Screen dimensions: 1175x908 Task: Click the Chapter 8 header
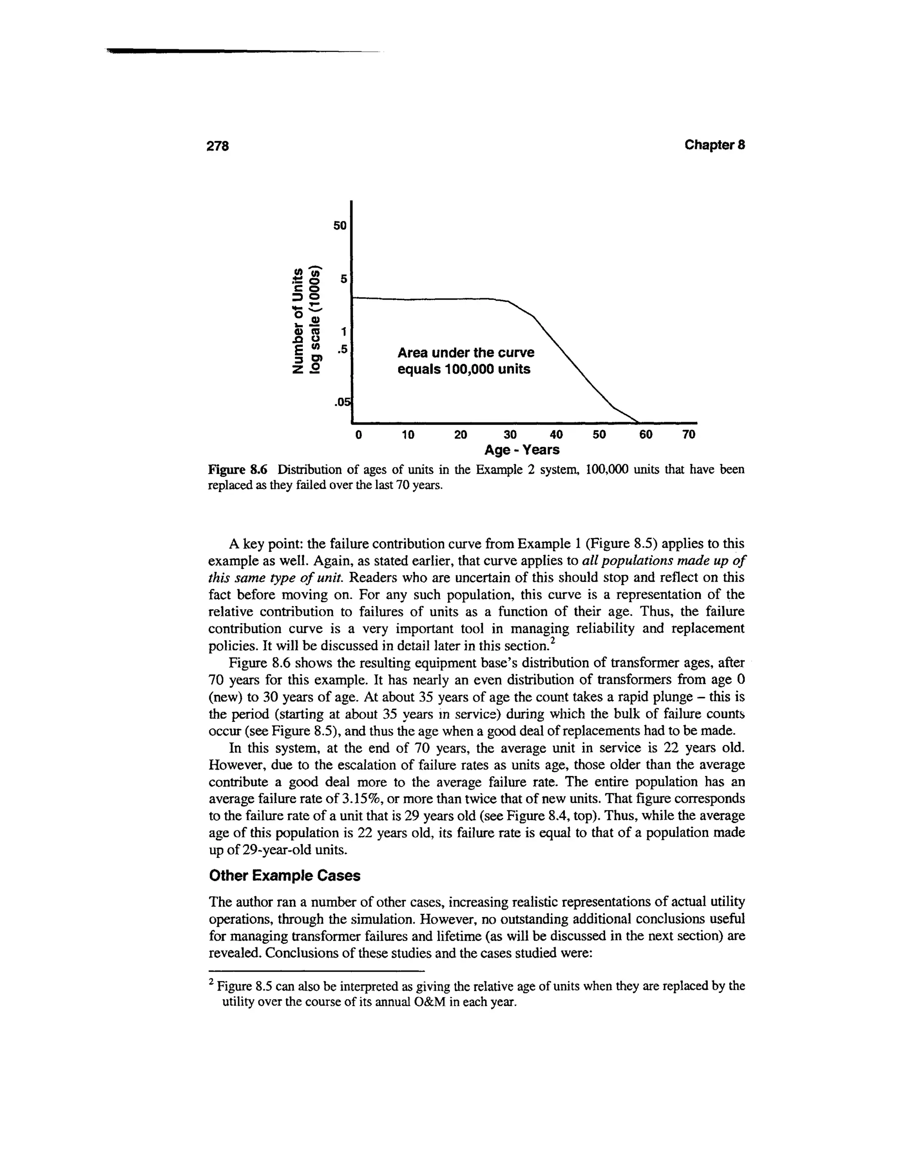(x=714, y=145)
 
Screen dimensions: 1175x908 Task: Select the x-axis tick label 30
(x=509, y=434)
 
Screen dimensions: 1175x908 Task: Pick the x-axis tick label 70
(x=689, y=434)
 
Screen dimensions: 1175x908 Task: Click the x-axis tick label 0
(x=359, y=434)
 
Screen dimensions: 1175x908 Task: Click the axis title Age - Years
(x=522, y=450)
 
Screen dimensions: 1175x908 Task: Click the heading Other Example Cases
(x=284, y=876)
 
